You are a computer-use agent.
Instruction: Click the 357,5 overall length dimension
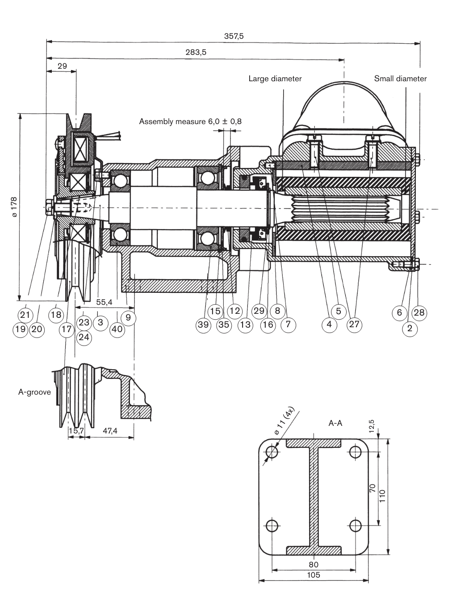[x=234, y=36]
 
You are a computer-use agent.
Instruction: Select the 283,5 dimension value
[x=196, y=52]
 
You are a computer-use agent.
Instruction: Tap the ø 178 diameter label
[x=14, y=207]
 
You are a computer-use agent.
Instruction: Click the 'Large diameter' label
[x=275, y=79]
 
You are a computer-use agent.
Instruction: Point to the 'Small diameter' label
[x=400, y=79]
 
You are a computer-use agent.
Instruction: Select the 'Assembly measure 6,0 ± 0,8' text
[x=190, y=121]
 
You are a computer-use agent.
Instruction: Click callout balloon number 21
[x=25, y=315]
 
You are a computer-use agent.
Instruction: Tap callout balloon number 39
[x=203, y=325]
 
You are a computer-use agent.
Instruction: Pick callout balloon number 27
[x=354, y=324]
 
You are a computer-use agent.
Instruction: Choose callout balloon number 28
[x=419, y=312]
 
